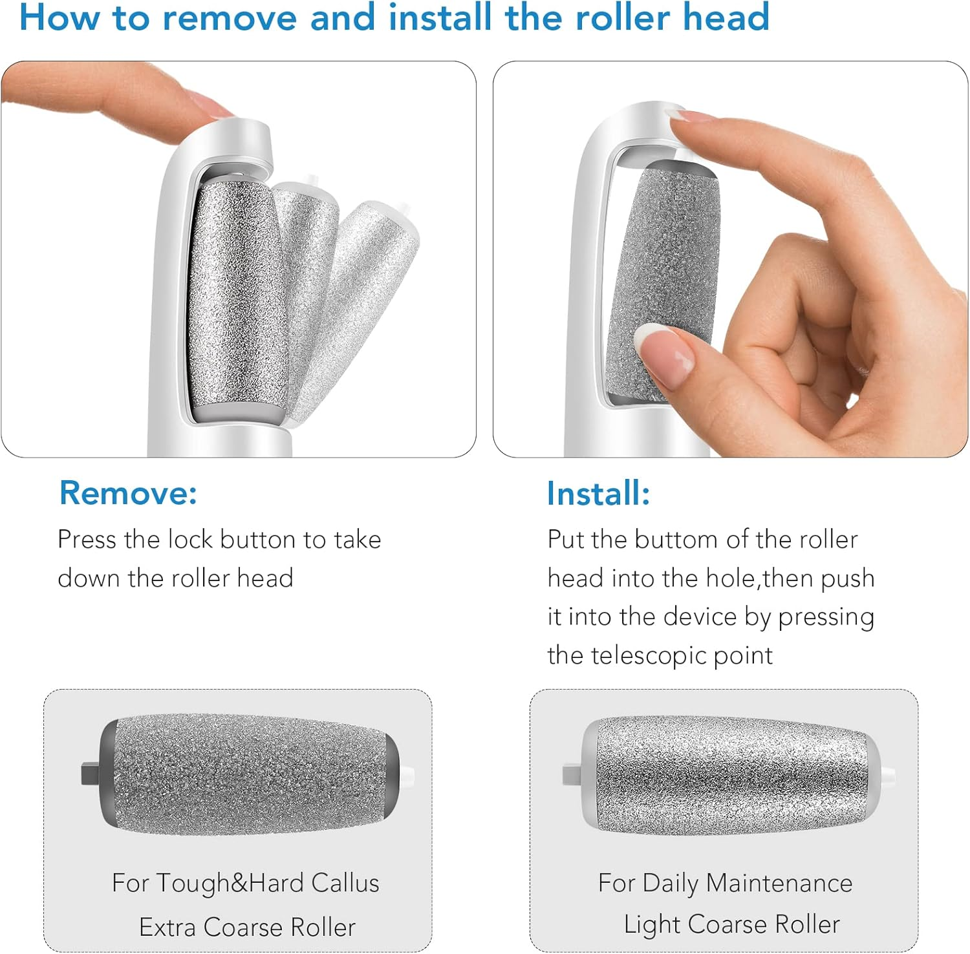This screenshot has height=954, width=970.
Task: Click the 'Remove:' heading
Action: coord(128,493)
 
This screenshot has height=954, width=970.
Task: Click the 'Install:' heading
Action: coord(598,493)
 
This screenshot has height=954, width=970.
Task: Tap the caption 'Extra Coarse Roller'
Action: coord(247,927)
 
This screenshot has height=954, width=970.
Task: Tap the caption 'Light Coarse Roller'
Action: coord(731,924)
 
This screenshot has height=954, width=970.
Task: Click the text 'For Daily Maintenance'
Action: coord(725,883)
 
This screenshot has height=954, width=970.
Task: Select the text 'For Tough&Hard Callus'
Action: coord(245,883)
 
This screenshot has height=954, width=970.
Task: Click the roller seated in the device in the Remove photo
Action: coord(237,297)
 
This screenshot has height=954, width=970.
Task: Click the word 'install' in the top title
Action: coord(440,17)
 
